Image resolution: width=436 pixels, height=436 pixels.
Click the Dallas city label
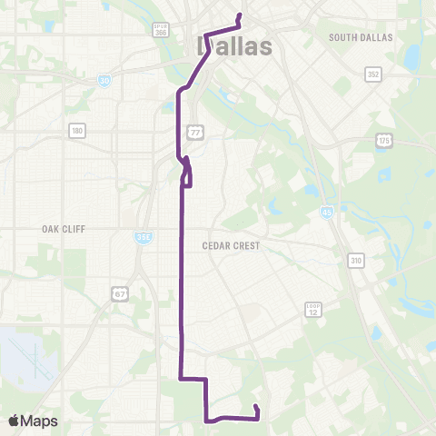[234, 45]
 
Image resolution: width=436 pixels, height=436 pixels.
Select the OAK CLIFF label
[63, 229]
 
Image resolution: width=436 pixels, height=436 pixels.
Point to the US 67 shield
[120, 292]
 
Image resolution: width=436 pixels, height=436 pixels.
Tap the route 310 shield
[356, 261]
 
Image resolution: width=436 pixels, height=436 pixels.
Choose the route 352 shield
[372, 74]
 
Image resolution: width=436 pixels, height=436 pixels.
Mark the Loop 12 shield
[313, 310]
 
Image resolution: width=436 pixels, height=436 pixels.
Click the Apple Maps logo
[33, 421]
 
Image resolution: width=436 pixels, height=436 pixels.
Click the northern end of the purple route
[239, 15]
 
